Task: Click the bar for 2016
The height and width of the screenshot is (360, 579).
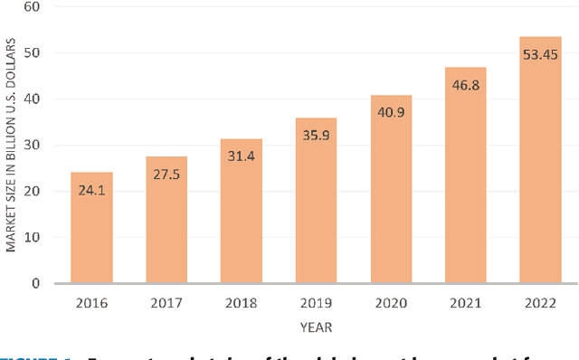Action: coord(92,227)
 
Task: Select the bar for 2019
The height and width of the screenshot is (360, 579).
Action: coord(316,200)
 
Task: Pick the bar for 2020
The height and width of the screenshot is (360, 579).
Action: coord(391,189)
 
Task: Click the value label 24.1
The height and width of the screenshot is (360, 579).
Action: coord(92,192)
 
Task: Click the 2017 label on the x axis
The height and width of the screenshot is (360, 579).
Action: coord(166,304)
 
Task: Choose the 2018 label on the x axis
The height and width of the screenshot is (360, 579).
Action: coord(242,304)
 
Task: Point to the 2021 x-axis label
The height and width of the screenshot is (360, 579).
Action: coord(465,304)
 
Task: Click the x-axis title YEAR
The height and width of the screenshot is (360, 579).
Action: coord(316,327)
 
